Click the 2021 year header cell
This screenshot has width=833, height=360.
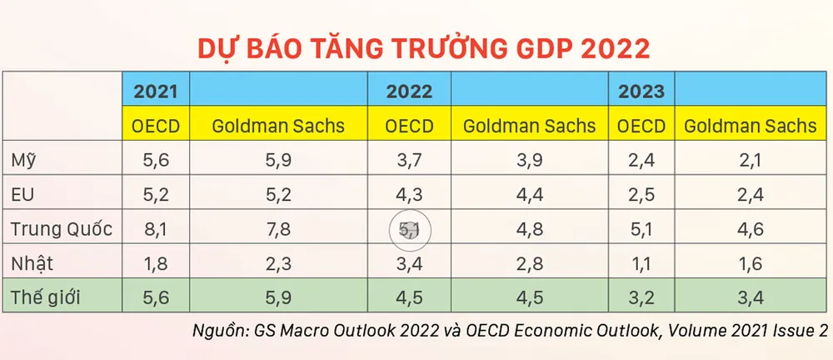click(156, 91)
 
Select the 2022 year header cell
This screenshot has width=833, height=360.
click(409, 91)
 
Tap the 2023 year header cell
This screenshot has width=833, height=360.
click(641, 91)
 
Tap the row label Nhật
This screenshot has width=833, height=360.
click(33, 262)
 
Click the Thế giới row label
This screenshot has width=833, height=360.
click(46, 297)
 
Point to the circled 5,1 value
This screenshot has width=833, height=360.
click(409, 229)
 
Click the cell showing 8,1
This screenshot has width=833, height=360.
click(156, 228)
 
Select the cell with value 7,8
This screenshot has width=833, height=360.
click(279, 228)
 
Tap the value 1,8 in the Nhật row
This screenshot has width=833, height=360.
click(156, 262)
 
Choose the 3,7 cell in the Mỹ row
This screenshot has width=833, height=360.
click(409, 160)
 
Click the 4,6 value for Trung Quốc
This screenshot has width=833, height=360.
click(751, 228)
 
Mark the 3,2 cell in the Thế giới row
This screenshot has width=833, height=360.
click(641, 297)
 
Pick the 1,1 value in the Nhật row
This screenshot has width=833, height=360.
click(641, 262)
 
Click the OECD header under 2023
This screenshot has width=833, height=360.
click(641, 126)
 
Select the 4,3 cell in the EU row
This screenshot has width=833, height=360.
click(409, 194)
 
